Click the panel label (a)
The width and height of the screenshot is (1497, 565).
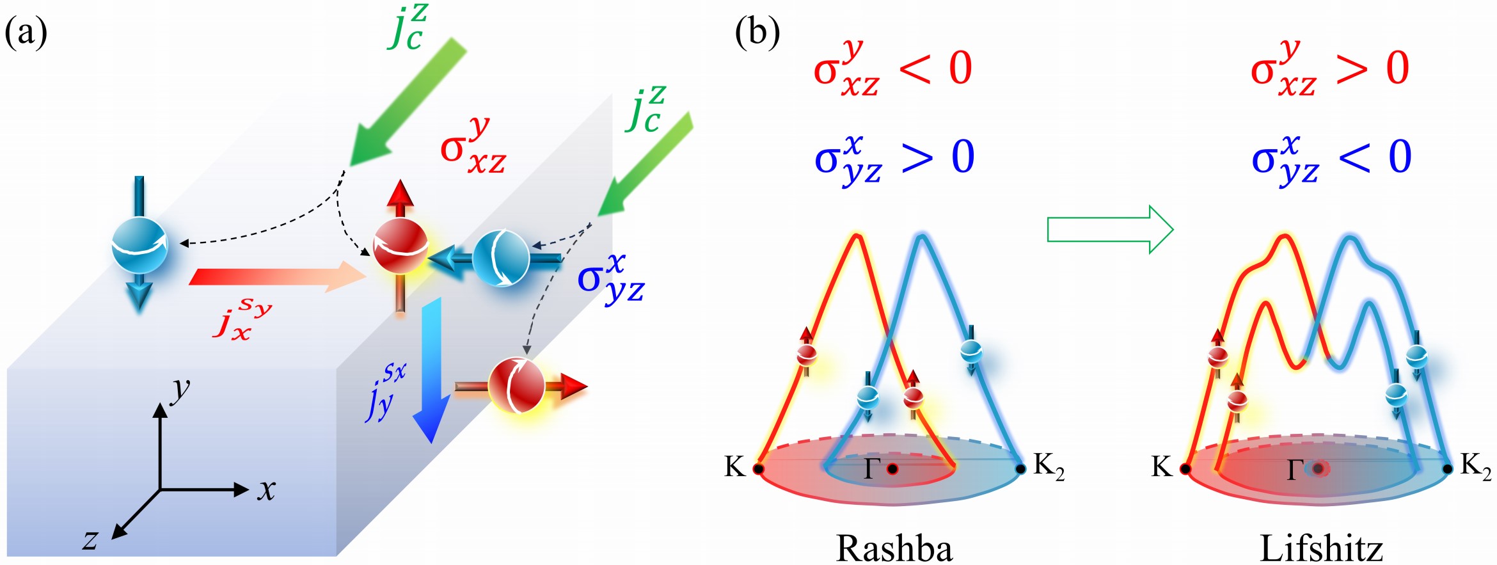(x=26, y=34)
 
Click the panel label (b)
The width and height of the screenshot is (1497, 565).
(x=757, y=34)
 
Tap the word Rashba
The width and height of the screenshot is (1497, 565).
(x=894, y=548)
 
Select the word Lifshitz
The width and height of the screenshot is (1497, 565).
(x=1321, y=548)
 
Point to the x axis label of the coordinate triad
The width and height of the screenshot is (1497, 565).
(x=266, y=490)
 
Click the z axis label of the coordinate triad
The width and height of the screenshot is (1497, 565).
(x=90, y=539)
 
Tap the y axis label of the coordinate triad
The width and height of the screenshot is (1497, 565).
(x=181, y=390)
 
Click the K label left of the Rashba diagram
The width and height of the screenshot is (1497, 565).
(x=735, y=467)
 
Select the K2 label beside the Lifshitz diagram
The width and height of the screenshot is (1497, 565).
(x=1475, y=466)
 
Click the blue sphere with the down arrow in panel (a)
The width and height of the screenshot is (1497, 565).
(x=139, y=246)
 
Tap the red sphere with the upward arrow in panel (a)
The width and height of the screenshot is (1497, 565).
(x=400, y=246)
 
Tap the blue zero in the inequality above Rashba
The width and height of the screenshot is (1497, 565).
(x=963, y=157)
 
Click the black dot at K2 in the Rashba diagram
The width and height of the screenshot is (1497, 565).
(x=1021, y=469)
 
